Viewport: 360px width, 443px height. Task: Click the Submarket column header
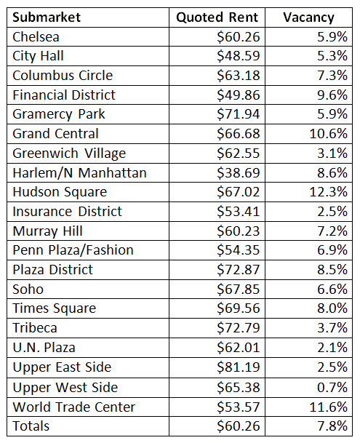coord(47,17)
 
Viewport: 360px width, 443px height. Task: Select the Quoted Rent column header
coord(217,17)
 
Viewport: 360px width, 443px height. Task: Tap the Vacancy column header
coord(308,17)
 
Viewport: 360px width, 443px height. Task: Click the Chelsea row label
coord(36,37)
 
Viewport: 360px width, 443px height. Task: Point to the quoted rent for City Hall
coord(239,56)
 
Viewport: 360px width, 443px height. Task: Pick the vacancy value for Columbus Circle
coord(332,76)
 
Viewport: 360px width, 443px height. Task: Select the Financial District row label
coord(64,95)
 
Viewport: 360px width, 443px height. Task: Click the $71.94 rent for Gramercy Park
coord(239,114)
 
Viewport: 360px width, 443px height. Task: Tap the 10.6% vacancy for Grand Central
coord(328,134)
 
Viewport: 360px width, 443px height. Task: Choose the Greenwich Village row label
coord(69,153)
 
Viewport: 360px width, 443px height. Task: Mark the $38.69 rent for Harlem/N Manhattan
coord(239,172)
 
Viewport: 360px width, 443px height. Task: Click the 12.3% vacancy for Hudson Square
coord(328,192)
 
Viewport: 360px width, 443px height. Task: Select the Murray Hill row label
coord(48,231)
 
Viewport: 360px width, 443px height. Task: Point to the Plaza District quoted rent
coord(239,270)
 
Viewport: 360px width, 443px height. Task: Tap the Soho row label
coord(28,290)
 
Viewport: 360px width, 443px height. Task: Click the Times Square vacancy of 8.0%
coord(332,308)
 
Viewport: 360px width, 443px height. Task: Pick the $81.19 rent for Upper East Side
coord(239,367)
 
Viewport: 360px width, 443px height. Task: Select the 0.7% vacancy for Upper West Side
coord(332,387)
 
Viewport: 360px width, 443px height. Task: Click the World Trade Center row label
coord(74,407)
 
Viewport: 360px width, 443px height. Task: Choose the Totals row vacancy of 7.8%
coord(332,426)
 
